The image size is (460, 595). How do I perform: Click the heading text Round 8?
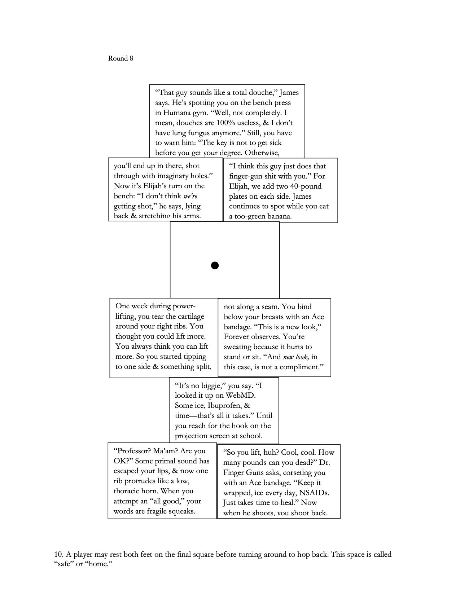pos(121,58)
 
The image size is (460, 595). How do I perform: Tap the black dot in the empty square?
pos(215,266)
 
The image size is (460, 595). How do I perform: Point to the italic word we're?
pos(190,196)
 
